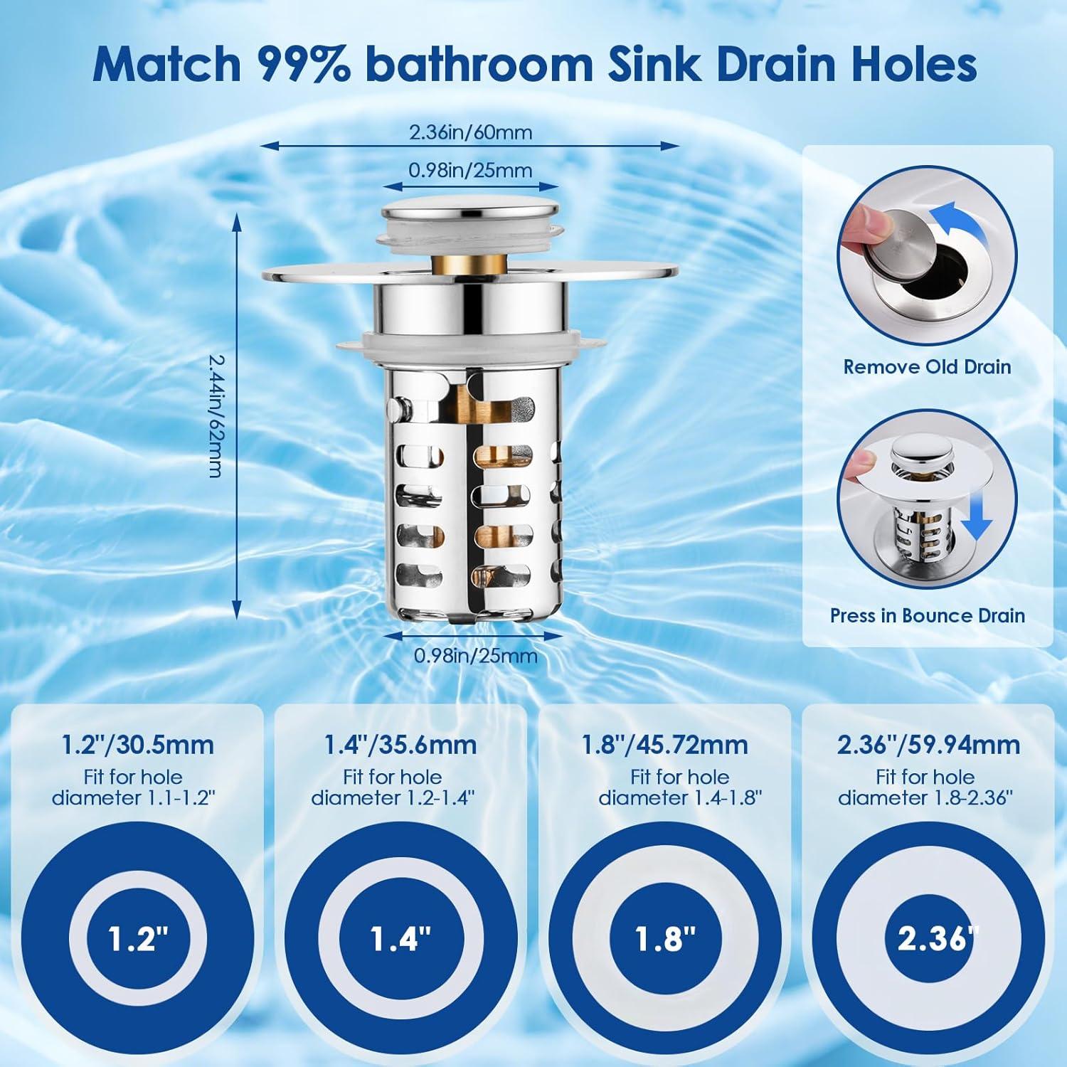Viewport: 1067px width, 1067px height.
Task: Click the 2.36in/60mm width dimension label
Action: [x=470, y=133]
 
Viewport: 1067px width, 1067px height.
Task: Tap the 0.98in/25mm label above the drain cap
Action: [x=470, y=170]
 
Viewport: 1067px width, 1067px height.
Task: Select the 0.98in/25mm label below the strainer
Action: [x=475, y=655]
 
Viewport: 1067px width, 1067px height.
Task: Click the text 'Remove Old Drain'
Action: [x=927, y=367]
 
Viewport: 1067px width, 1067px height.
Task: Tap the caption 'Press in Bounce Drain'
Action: [x=928, y=615]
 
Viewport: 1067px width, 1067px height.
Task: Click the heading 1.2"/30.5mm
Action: [x=138, y=745]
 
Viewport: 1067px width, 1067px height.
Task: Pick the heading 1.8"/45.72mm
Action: [x=665, y=745]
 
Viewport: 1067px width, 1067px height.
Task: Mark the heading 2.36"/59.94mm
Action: [x=928, y=745]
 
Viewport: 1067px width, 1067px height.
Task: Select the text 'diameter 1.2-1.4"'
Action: [x=393, y=797]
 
